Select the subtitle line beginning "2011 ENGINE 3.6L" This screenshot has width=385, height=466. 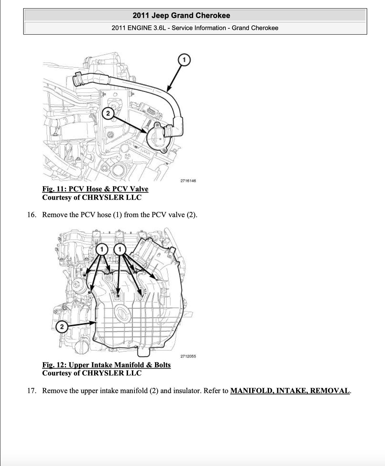[x=195, y=28]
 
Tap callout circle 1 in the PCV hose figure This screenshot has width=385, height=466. [x=184, y=60]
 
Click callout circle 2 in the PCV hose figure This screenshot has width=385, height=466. [x=108, y=113]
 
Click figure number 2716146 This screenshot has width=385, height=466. [x=188, y=181]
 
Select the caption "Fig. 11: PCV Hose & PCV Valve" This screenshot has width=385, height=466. [x=95, y=189]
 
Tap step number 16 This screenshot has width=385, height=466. [x=31, y=215]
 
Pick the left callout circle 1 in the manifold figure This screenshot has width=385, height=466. [x=102, y=250]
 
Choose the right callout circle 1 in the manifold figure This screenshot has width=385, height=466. [x=120, y=250]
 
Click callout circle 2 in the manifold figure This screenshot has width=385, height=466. [x=62, y=327]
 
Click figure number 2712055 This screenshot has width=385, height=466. [x=188, y=356]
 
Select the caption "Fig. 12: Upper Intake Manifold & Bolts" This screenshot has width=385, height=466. [x=106, y=365]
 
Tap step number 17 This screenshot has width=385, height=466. [x=31, y=391]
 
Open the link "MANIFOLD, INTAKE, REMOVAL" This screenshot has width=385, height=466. [x=290, y=391]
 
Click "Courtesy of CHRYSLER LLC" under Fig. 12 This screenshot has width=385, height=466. [x=92, y=373]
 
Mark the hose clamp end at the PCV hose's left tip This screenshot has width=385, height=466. [x=77, y=79]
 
